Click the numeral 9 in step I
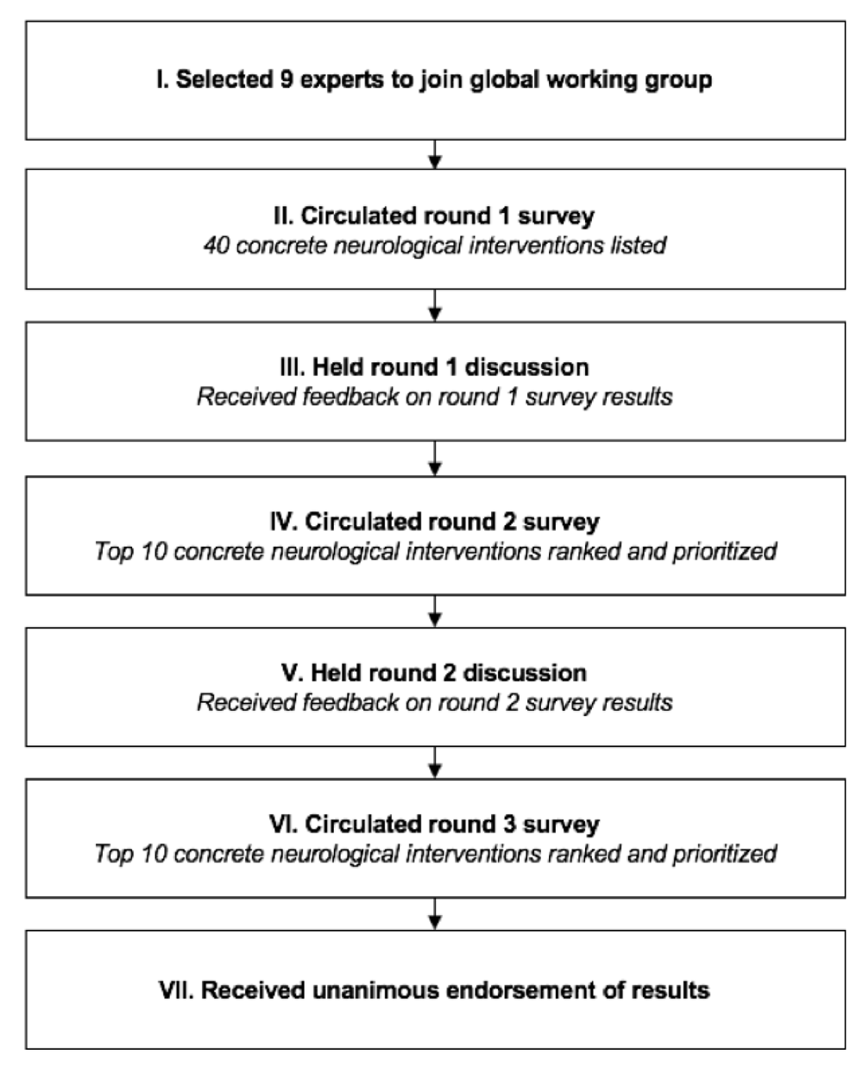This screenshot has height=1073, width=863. [x=287, y=79]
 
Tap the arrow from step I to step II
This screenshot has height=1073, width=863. [x=435, y=154]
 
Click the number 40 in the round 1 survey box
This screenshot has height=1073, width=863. [x=217, y=245]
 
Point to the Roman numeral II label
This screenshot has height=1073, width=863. [x=284, y=216]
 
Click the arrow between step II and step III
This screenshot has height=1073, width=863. [x=435, y=305]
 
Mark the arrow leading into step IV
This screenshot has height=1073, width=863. [x=435, y=458]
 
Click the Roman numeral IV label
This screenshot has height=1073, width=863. [x=284, y=522]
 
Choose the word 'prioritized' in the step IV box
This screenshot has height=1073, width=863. [x=725, y=552]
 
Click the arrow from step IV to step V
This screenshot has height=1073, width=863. [x=435, y=612]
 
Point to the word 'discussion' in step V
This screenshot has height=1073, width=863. [x=525, y=673]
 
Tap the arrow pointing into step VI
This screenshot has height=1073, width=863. [x=435, y=762]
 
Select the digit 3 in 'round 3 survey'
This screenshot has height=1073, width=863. [x=509, y=825]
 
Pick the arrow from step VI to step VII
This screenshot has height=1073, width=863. [x=435, y=914]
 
